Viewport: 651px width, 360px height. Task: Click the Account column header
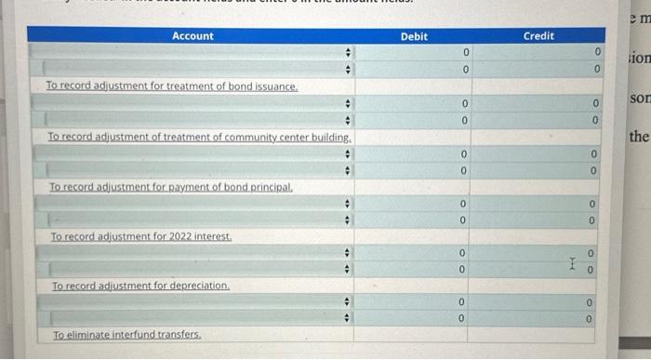point(193,35)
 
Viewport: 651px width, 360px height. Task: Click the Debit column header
point(414,35)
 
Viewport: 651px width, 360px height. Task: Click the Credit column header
point(538,35)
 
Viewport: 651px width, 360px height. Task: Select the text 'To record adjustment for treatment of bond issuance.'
point(172,86)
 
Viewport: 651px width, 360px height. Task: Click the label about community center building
point(199,137)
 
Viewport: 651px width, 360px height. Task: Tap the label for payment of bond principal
point(170,187)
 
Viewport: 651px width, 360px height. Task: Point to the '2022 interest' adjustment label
point(139,237)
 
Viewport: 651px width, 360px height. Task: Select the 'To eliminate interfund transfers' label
point(126,334)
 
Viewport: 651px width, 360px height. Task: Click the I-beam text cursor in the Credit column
point(578,261)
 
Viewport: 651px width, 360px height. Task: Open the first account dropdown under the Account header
point(193,52)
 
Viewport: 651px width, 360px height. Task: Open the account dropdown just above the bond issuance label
point(193,69)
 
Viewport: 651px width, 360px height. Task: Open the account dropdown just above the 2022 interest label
point(193,220)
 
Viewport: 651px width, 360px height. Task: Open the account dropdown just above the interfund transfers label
point(193,318)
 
